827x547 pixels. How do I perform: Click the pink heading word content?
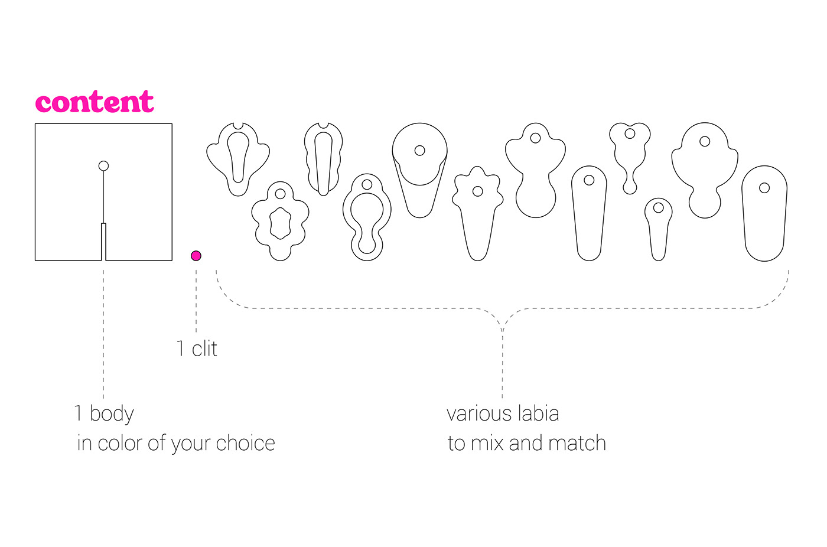(95, 102)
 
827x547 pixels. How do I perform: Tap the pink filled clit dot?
(196, 256)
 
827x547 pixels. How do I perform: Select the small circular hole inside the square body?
(103, 166)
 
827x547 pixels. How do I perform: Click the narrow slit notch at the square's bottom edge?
(103, 242)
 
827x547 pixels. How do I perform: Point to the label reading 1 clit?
(197, 349)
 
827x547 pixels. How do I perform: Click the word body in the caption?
(112, 413)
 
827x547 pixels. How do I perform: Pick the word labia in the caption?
(537, 413)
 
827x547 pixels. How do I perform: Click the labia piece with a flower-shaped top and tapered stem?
(477, 213)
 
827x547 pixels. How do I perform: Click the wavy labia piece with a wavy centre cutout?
(280, 221)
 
